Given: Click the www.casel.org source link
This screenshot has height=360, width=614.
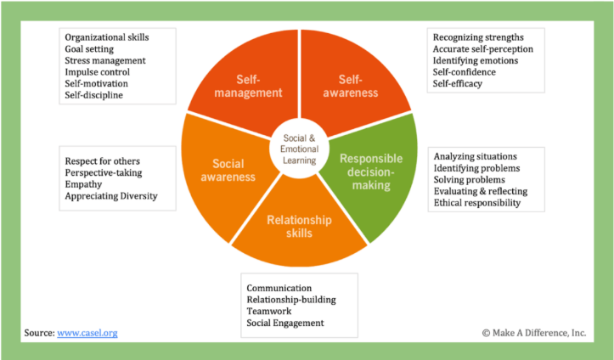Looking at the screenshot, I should tap(87, 333).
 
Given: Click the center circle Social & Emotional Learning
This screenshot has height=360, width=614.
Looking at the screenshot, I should tap(298, 149).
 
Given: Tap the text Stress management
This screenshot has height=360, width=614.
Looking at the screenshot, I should tap(104, 61).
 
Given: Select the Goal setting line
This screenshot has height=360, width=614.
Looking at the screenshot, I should tap(91, 49).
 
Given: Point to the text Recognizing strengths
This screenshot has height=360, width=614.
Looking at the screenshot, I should tap(478, 37).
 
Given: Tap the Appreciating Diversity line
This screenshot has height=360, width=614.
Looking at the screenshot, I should tap(110, 197).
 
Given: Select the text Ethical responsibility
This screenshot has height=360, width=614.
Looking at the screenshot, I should tap(482, 203).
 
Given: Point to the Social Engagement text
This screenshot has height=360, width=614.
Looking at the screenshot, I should tap(284, 323).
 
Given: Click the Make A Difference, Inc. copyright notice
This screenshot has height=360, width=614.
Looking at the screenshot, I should tap(533, 333).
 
